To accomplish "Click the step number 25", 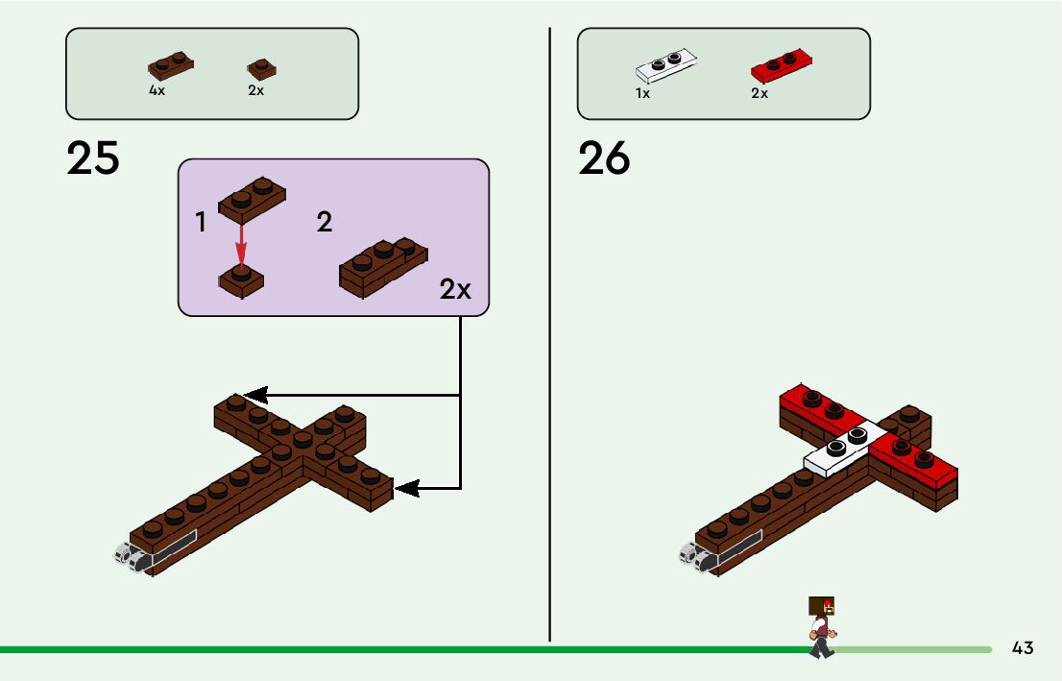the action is tap(93, 158).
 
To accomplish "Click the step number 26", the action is tap(604, 158).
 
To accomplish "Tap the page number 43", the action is tap(1023, 648).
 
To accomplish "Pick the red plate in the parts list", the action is tap(782, 65).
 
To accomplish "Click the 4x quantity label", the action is tap(157, 90).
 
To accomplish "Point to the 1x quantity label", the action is tap(642, 94).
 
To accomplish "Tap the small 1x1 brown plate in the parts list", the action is tap(261, 68).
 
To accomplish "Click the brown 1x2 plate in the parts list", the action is tap(171, 65).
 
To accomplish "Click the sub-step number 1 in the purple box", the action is tap(201, 223).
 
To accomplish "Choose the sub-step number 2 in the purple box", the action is tap(325, 223).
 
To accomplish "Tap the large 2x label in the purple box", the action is tap(456, 289).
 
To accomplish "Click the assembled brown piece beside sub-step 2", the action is tap(383, 265).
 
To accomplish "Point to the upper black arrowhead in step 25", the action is tap(255, 395).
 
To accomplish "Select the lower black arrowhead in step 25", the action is tap(407, 489).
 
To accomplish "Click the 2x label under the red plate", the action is tap(760, 94).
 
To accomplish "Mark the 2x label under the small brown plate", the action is tap(255, 90).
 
